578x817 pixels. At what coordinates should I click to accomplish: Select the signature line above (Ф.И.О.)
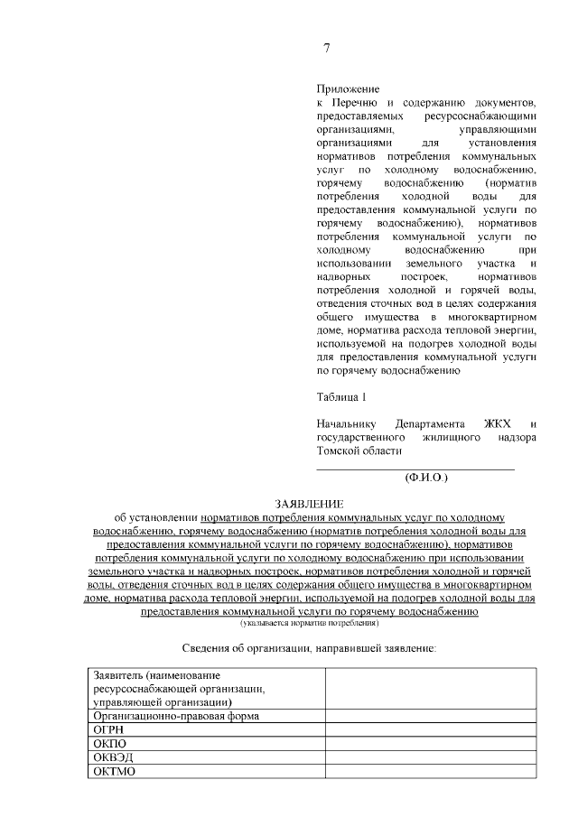415,469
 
